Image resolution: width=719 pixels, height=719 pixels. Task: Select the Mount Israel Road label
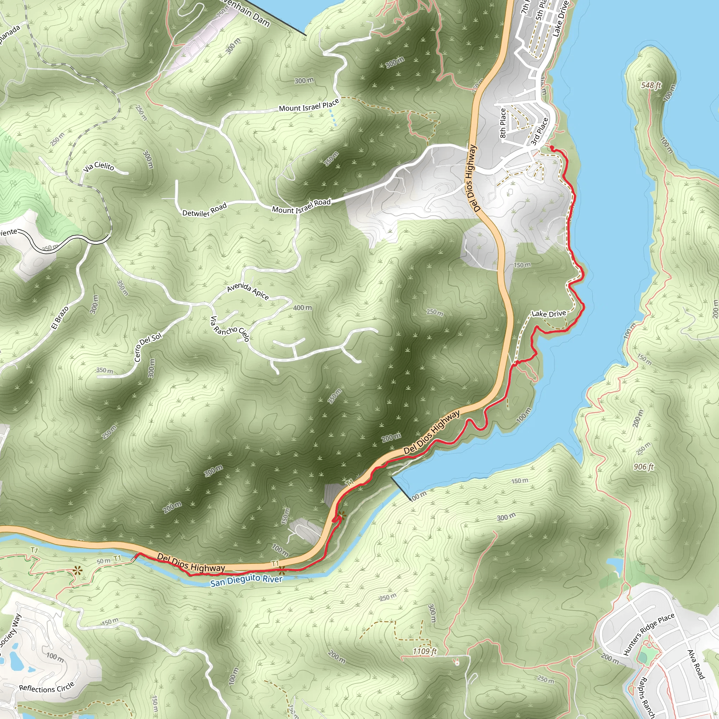point(301,206)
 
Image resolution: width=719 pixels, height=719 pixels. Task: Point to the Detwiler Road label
point(204,210)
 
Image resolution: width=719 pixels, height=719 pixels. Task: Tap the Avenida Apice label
point(248,290)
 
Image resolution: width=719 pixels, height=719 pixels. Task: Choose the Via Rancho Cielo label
point(230,329)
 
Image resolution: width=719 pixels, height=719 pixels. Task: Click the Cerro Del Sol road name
point(147,347)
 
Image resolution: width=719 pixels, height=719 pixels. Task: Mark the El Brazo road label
point(60,317)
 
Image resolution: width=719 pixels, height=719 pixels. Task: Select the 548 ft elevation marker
point(651,85)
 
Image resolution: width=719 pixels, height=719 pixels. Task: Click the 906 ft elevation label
point(644,467)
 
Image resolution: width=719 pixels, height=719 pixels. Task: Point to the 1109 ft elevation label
point(425,651)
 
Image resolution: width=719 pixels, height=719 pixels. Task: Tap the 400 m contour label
point(302,308)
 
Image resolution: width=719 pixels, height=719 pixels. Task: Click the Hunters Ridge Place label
point(649,634)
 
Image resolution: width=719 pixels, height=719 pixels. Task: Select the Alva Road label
point(696,664)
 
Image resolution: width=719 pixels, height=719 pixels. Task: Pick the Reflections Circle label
point(47,687)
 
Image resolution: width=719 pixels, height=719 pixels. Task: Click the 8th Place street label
point(503,123)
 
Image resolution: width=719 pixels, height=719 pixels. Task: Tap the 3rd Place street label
point(539,131)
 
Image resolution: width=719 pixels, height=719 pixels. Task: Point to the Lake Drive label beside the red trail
point(549,314)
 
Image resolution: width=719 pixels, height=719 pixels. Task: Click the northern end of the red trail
point(551,148)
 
